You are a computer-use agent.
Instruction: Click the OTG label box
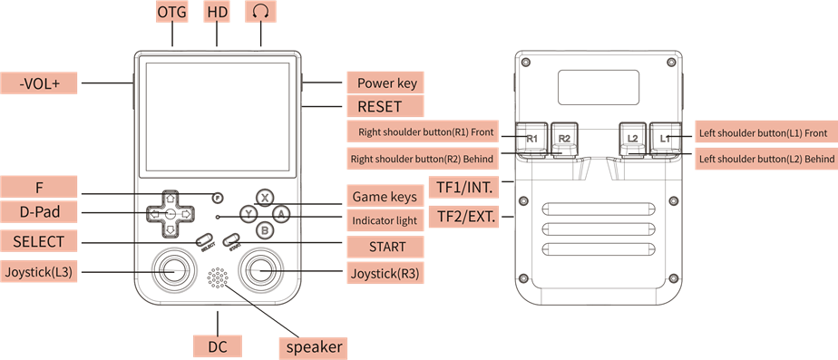pos(172,11)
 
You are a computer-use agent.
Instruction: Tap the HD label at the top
pos(217,11)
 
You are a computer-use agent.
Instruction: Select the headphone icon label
pos(261,11)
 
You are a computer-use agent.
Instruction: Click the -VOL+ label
pos(38,83)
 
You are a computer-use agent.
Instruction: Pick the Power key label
pos(385,83)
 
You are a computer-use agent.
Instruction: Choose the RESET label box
pos(385,106)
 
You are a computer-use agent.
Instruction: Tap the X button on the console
pos(264,197)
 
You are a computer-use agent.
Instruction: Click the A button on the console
pos(281,214)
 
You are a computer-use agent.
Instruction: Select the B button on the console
pos(264,230)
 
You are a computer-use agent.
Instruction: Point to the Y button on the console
pos(248,214)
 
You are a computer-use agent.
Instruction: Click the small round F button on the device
pos(217,198)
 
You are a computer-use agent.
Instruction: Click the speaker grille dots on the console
pos(218,277)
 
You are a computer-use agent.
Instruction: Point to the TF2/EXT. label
pos(464,217)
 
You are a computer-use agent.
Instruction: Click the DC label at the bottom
pos(218,346)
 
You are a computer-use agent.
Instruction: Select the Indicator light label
pos(385,220)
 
